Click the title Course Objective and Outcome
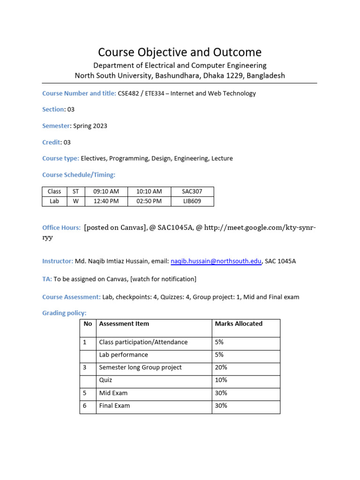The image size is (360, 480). (x=180, y=52)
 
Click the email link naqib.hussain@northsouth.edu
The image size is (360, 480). (x=216, y=262)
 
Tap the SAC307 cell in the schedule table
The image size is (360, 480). (x=192, y=191)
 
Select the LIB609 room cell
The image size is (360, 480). (x=192, y=201)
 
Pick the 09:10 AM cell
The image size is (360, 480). (x=106, y=191)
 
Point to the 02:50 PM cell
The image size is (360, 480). (x=149, y=201)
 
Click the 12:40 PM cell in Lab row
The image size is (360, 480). (x=106, y=201)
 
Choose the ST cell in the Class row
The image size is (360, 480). (x=75, y=191)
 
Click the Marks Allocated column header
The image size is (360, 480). (x=239, y=323)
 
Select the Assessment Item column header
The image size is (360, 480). (x=124, y=323)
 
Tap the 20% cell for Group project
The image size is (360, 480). (x=221, y=367)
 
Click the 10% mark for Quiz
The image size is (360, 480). (x=221, y=380)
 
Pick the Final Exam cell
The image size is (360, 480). (x=114, y=405)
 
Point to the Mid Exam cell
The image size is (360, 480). (x=113, y=393)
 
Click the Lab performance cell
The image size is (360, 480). (x=123, y=355)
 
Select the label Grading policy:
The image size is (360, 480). (x=64, y=313)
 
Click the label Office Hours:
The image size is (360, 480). (x=61, y=227)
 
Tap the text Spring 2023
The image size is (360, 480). (x=90, y=126)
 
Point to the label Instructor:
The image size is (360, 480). (x=58, y=261)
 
